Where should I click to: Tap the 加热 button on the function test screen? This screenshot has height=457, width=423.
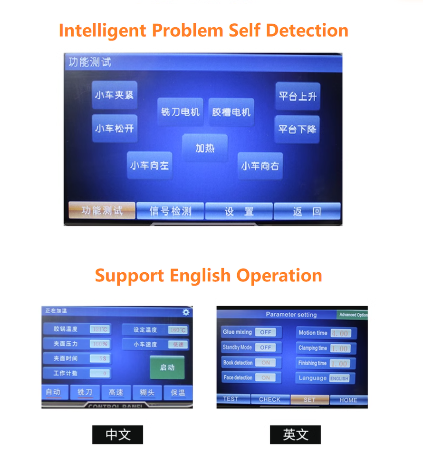coord(205,148)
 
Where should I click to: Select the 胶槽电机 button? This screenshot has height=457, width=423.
coord(231,112)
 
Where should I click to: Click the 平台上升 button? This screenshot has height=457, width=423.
coord(297,97)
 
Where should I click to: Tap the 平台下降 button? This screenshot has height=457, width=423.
coord(297,129)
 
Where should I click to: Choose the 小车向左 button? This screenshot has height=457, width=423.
coord(149,166)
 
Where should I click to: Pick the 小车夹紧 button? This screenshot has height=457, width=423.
coord(115,95)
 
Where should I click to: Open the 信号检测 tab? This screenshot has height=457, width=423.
coord(170,211)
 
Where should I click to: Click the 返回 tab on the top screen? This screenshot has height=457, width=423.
coord(307,211)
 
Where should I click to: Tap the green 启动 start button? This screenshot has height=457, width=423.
coord(167,367)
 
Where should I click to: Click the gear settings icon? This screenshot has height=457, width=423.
coord(186,312)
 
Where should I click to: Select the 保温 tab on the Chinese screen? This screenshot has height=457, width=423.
coord(178,392)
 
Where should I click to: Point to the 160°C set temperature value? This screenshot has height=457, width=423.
coord(178,330)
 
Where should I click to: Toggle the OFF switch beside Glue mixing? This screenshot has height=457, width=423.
coord(266,332)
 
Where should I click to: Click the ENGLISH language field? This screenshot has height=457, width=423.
coord(339,378)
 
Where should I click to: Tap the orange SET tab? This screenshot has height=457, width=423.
coord(309,400)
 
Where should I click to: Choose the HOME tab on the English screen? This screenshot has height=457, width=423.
coord(348,400)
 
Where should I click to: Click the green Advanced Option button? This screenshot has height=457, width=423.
coord(353,315)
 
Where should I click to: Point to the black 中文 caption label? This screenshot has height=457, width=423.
coord(117,434)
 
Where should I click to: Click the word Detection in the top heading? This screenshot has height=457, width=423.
coord(307,30)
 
